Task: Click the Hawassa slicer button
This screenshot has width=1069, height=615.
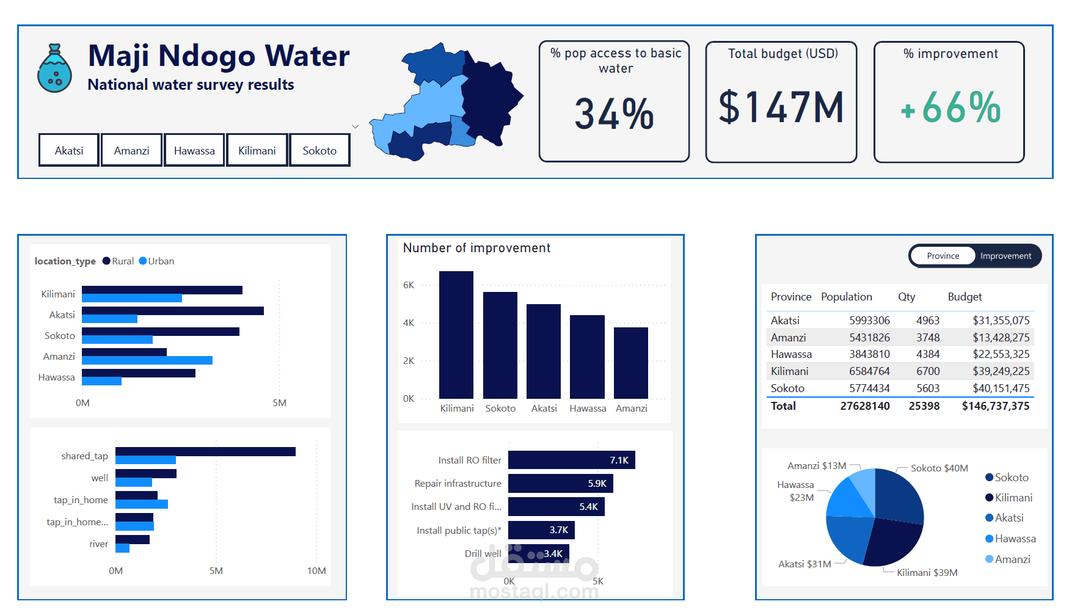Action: (194, 150)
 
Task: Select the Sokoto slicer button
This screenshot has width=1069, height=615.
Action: (319, 150)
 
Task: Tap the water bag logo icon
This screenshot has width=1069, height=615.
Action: (54, 68)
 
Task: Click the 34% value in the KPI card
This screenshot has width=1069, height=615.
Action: (614, 114)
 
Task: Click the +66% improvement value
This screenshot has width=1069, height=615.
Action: (950, 108)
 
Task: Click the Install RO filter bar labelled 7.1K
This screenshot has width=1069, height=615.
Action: (571, 460)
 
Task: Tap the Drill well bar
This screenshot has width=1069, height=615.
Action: (538, 553)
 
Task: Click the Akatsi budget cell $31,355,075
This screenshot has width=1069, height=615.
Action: (1001, 321)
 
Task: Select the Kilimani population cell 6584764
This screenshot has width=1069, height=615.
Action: (869, 371)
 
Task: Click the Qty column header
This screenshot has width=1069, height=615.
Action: (907, 297)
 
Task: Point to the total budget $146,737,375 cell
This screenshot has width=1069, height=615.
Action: (995, 406)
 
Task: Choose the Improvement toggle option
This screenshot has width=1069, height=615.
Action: (1005, 256)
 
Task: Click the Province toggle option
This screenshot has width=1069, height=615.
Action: (943, 256)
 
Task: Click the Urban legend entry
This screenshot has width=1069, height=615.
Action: (157, 261)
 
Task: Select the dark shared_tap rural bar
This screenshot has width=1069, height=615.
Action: (205, 451)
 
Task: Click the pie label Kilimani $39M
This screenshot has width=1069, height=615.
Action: (927, 573)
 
